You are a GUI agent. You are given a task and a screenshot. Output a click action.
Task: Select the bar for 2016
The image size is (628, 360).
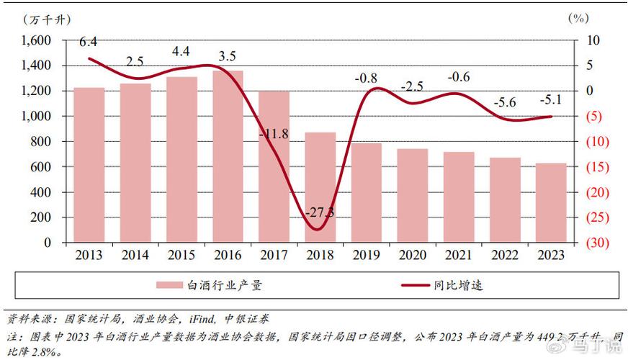click(228, 156)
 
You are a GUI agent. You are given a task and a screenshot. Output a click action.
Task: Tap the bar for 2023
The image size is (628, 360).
click(551, 203)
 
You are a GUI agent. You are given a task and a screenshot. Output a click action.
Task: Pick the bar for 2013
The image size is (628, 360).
click(89, 165)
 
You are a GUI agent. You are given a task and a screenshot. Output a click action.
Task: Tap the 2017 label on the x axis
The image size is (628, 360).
click(273, 255)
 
